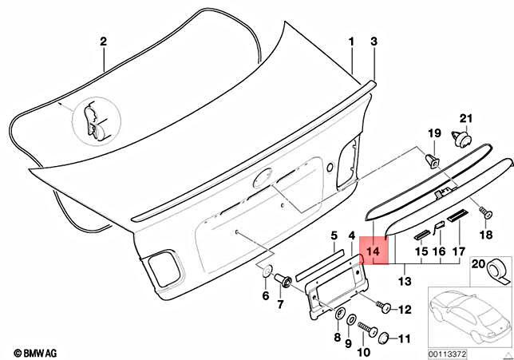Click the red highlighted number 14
coord(374,251)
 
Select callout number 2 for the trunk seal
coord(103,41)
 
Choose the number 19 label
coord(435,133)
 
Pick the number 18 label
coord(485,235)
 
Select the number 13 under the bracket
coord(405,281)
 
